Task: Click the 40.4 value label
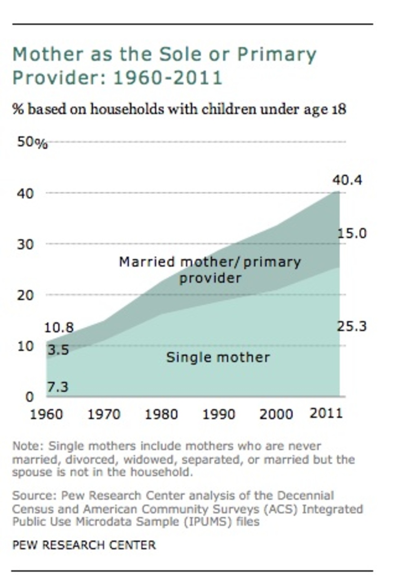pos(347,180)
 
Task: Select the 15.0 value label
pos(352,234)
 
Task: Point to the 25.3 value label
pos(352,326)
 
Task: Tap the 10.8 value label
pos(59,327)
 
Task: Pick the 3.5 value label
pos(58,350)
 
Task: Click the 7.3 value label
pos(58,387)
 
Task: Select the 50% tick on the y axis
pos(32,142)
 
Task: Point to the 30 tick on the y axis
pos(25,245)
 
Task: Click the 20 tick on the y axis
pos(25,295)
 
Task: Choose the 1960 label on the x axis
pos(46,414)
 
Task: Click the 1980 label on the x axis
pos(161,414)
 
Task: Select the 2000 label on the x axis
pos(276,414)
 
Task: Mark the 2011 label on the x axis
pos(326,414)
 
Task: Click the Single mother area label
pos(218,357)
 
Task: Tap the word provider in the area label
pos(210,278)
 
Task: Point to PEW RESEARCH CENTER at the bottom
pos(84,545)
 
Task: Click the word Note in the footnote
pos(27,446)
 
